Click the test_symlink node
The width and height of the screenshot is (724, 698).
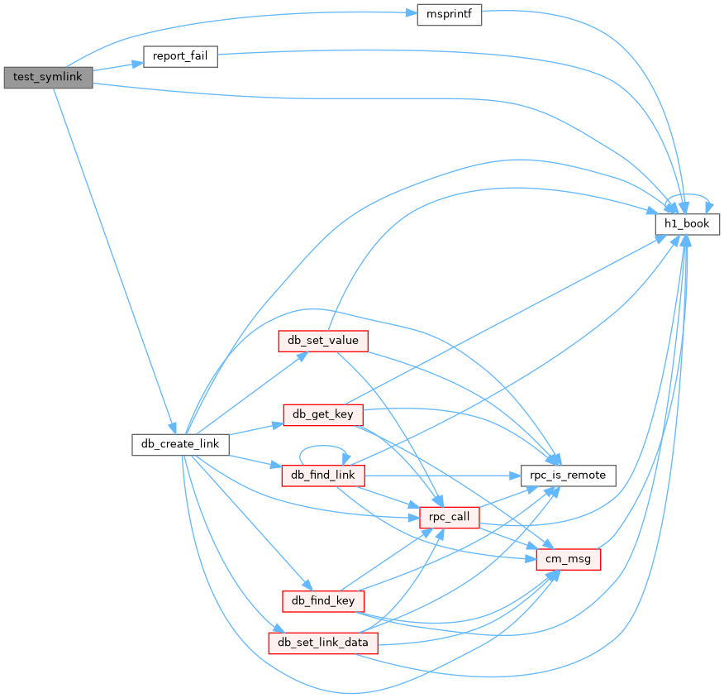[x=48, y=77]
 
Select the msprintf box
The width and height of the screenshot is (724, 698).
[x=449, y=15]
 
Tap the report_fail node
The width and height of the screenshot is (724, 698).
[x=180, y=56]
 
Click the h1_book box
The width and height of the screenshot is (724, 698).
[x=687, y=223]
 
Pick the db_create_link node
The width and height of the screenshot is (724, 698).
[x=180, y=444]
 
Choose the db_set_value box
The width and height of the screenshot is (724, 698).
[x=322, y=341]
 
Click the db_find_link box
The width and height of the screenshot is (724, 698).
[x=323, y=476]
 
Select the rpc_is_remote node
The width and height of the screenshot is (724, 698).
[x=568, y=476]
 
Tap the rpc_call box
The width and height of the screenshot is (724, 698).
[x=450, y=518]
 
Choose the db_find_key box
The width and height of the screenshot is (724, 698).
[x=323, y=600]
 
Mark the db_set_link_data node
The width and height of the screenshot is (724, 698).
[x=323, y=643]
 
